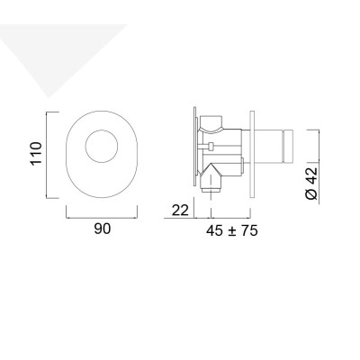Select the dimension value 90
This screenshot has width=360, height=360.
tap(102, 229)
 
